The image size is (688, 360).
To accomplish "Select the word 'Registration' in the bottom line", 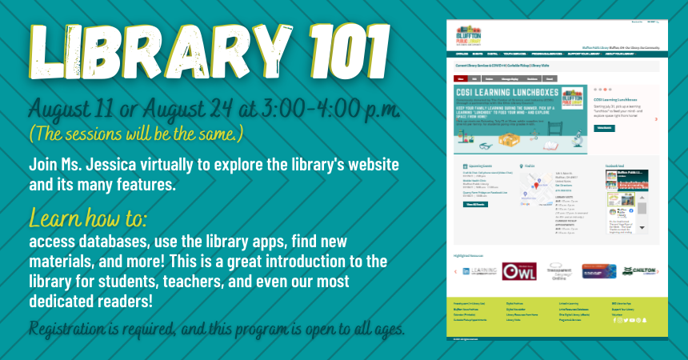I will click(73, 329).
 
